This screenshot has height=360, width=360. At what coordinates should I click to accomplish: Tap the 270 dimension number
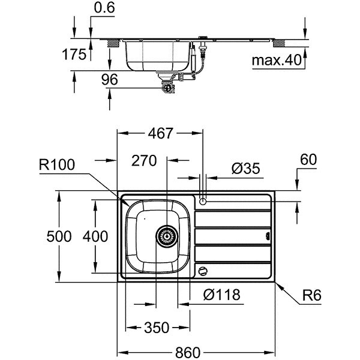[144, 160]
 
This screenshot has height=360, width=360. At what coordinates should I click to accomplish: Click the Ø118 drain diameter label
[221, 295]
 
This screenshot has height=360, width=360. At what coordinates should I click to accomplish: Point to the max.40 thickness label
[275, 61]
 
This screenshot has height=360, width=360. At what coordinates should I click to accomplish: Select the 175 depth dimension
[75, 55]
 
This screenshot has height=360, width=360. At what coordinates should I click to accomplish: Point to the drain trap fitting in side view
[166, 86]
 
